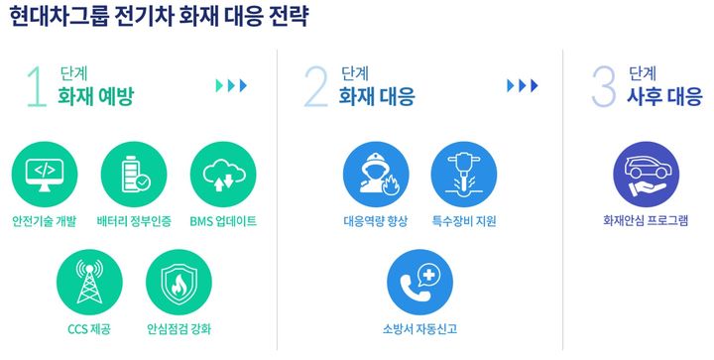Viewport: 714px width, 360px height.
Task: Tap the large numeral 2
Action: pyautogui.click(x=314, y=86)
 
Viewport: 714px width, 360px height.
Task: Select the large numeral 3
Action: pyautogui.click(x=603, y=86)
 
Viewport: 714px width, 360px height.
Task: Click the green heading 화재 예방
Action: pyautogui.click(x=95, y=97)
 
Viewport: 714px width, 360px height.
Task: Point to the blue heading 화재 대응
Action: pyautogui.click(x=377, y=97)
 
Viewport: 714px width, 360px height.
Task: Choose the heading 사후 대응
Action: pyautogui.click(x=666, y=97)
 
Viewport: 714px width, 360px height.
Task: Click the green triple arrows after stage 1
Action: pyautogui.click(x=231, y=85)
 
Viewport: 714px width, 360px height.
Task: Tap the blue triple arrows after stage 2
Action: pyautogui.click(x=522, y=85)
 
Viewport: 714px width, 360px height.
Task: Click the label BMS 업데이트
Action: pyautogui.click(x=223, y=220)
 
